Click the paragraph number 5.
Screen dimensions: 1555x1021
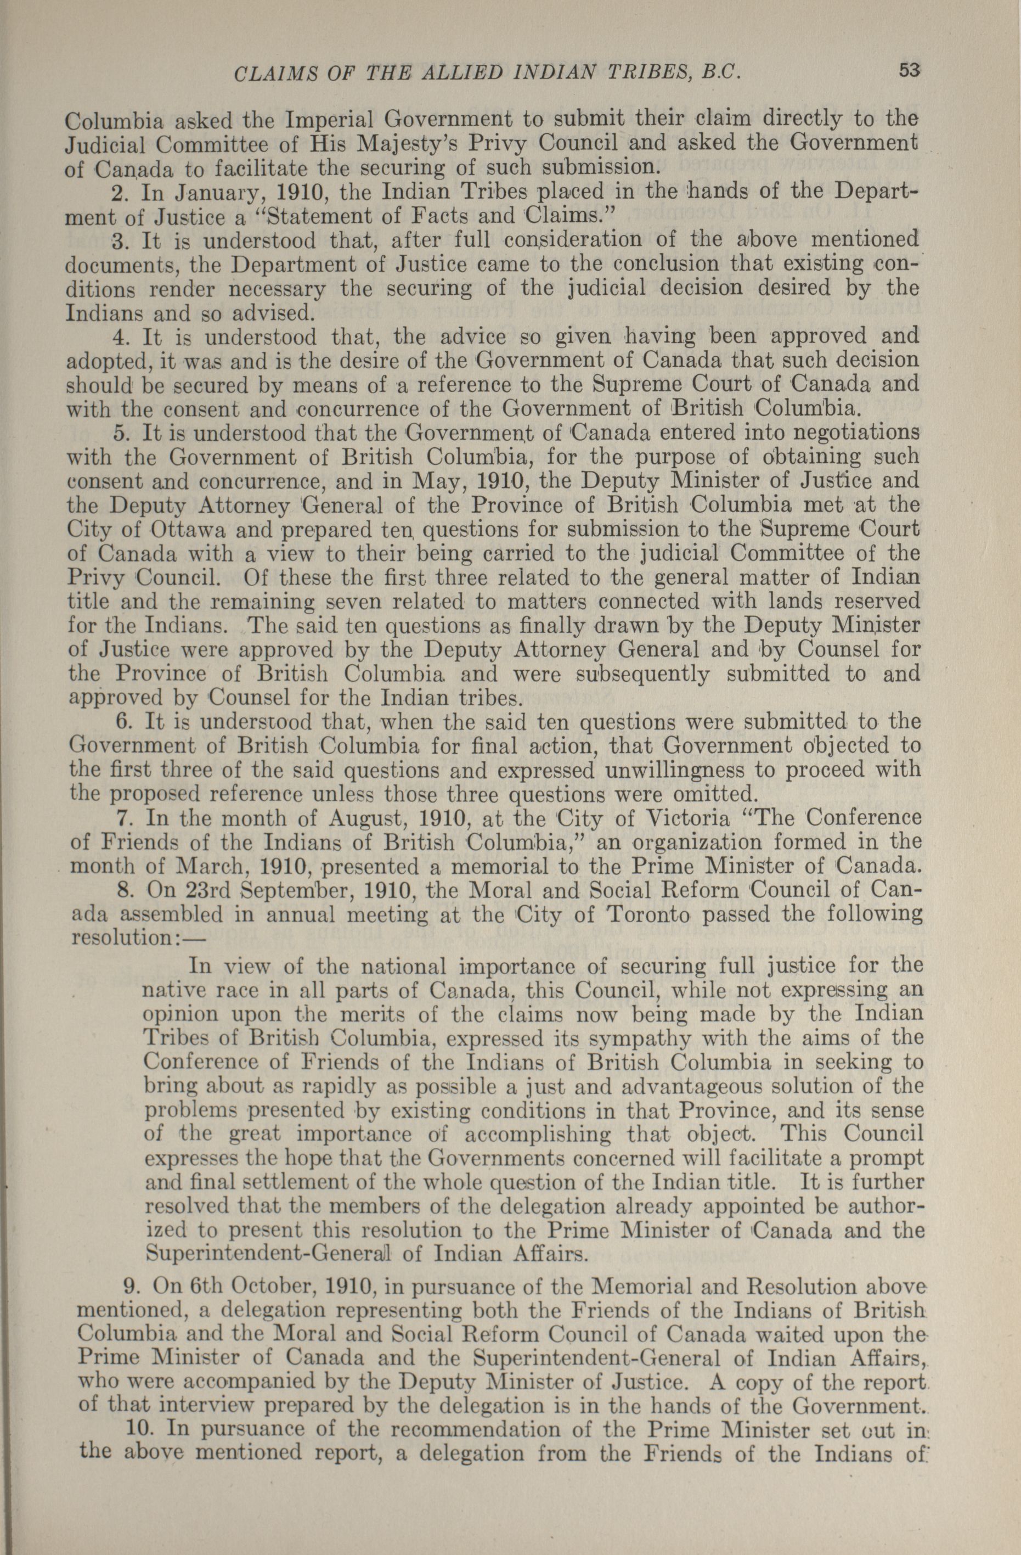coord(117,434)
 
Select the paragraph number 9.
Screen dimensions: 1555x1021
coord(131,1287)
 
